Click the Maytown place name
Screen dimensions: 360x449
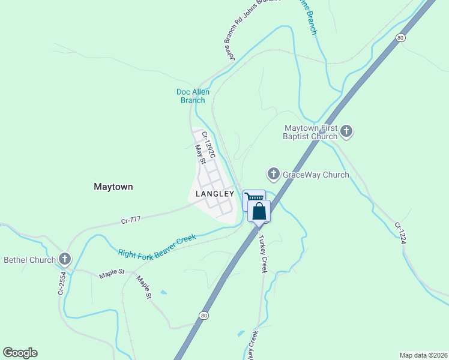click(113, 187)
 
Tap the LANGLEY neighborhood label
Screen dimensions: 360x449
click(214, 194)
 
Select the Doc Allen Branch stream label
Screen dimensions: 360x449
click(193, 96)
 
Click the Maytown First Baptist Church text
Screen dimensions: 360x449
click(311, 132)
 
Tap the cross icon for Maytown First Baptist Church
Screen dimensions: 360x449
click(346, 131)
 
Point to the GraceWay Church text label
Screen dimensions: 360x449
click(317, 175)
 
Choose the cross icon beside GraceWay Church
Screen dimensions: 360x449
click(273, 174)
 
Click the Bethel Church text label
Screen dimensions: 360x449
click(30, 260)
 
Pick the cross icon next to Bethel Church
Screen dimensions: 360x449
click(64, 260)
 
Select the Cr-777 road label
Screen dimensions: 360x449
click(131, 220)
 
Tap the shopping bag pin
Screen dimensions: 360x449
click(259, 211)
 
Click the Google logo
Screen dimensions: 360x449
click(20, 353)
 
